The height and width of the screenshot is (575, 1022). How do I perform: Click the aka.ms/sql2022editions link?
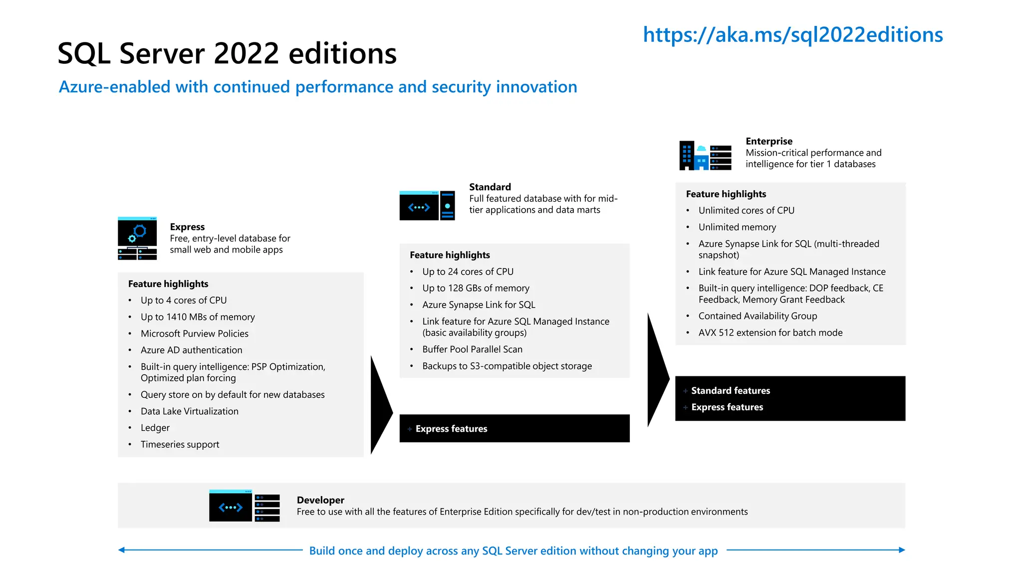tap(792, 35)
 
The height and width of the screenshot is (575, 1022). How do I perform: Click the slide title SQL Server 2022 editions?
tap(227, 53)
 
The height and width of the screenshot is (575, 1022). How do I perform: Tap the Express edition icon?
tap(137, 238)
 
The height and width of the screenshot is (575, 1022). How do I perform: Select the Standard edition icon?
tap(427, 205)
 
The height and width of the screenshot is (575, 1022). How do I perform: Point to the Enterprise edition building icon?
tap(705, 155)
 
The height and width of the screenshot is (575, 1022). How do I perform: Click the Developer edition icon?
tap(244, 506)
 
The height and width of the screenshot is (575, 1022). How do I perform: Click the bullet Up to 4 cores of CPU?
tap(183, 300)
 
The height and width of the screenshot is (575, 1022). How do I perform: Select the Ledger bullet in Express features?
tap(155, 428)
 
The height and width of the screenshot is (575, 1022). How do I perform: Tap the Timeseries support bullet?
tap(180, 444)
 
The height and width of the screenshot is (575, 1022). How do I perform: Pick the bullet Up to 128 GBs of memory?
tap(475, 288)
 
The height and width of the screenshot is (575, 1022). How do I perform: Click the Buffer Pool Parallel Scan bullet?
tap(472, 349)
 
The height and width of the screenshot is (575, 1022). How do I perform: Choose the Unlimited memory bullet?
tap(737, 227)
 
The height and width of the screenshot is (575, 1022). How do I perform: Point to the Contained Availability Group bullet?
tap(758, 316)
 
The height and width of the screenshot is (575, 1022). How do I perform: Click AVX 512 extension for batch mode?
tap(770, 332)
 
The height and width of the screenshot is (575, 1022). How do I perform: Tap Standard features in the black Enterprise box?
tap(730, 390)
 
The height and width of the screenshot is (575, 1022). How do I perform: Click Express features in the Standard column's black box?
tap(451, 429)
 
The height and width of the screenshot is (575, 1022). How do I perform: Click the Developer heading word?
tap(320, 500)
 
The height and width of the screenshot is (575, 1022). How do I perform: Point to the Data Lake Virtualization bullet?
tap(189, 411)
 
